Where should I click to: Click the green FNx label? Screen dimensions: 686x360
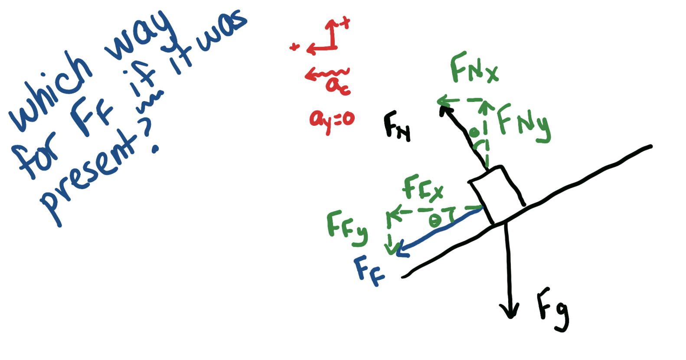click(474, 68)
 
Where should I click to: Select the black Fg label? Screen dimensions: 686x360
click(552, 310)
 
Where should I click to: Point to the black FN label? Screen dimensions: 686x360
click(397, 126)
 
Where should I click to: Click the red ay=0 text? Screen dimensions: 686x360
click(332, 119)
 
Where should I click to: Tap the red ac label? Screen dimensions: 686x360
click(337, 85)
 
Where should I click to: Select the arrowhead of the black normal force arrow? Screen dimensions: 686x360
click(444, 109)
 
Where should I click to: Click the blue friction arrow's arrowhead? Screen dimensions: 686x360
click(401, 251)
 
